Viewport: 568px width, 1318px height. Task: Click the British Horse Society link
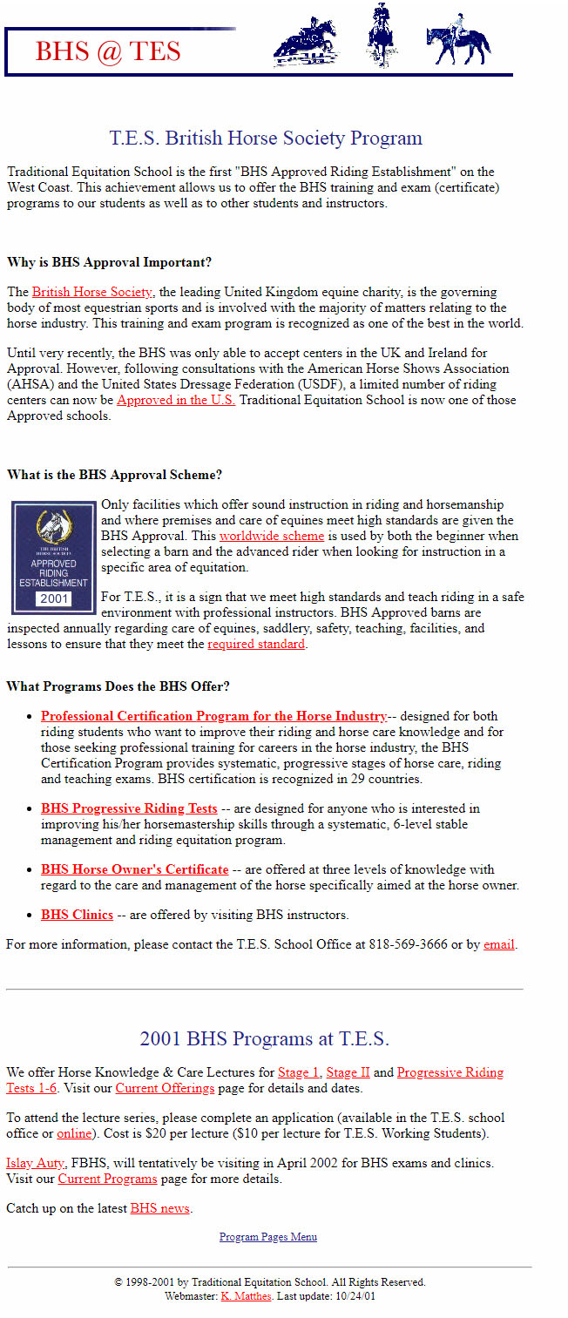(x=92, y=292)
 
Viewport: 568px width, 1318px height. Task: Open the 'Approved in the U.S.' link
(x=176, y=400)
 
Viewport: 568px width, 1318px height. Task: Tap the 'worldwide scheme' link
(x=271, y=536)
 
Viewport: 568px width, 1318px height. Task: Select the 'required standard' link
(x=256, y=644)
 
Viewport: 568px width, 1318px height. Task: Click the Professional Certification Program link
(x=213, y=716)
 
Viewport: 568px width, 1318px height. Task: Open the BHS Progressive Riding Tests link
(x=129, y=808)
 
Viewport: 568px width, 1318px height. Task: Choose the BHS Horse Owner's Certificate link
(x=134, y=869)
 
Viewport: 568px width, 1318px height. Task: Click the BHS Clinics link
(x=77, y=915)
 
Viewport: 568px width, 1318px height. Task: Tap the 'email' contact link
(x=499, y=944)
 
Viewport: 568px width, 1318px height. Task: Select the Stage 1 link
(x=299, y=1072)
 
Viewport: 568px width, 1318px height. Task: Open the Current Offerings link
(x=165, y=1088)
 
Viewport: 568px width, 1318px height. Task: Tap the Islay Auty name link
(x=35, y=1163)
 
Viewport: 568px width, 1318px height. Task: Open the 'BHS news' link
(x=159, y=1208)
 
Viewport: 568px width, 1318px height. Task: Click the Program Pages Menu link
(x=267, y=1237)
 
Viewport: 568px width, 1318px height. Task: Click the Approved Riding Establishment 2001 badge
(x=53, y=557)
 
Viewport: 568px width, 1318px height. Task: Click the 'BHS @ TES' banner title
(x=108, y=51)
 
